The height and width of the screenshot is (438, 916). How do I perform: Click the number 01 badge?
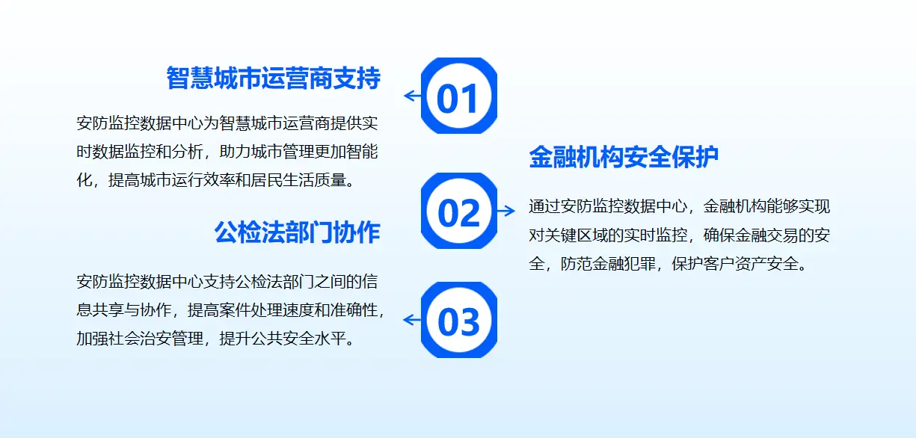click(459, 96)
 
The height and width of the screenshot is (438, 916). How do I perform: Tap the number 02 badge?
click(459, 211)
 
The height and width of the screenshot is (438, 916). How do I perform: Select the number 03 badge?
click(459, 320)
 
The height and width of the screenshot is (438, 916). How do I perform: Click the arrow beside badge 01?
click(412, 96)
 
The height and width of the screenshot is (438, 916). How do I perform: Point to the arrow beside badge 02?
click(505, 211)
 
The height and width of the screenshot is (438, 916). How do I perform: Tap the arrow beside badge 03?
click(412, 320)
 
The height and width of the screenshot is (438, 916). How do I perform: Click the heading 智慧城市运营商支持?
click(273, 78)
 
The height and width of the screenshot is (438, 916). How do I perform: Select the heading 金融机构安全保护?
click(624, 157)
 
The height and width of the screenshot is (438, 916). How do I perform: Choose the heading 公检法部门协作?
click(298, 232)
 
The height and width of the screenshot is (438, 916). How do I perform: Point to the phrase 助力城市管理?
click(258, 152)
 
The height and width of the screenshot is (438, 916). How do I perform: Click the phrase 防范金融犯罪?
click(608, 264)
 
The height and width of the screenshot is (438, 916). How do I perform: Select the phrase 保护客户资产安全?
click(735, 264)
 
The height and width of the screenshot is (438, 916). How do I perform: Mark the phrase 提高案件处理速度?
click(250, 310)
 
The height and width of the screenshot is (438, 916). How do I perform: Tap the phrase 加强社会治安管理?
click(140, 339)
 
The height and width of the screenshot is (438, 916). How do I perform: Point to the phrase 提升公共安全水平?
click(283, 339)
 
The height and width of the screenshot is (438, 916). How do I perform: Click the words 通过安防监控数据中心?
click(608, 207)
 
